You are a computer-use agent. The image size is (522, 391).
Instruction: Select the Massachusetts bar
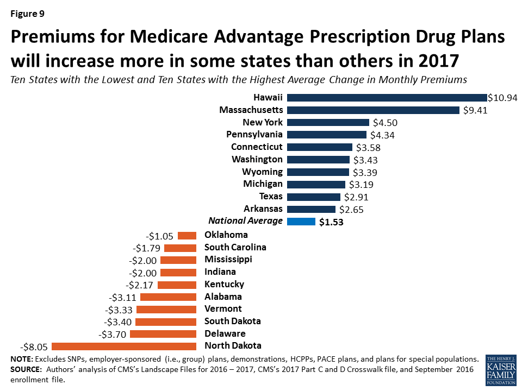pyautogui.click(x=373, y=110)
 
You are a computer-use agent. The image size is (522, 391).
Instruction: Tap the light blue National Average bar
pyautogui.click(x=301, y=222)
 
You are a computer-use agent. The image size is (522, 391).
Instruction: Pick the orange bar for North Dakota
pyautogui.click(x=123, y=346)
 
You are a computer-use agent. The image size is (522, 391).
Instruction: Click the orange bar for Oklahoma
pyautogui.click(x=187, y=235)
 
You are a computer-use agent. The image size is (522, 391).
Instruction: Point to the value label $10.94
pyautogui.click(x=502, y=98)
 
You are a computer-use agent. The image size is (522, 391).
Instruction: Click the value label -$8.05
pyautogui.click(x=34, y=346)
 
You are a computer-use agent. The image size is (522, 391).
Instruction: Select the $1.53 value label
pyautogui.click(x=332, y=222)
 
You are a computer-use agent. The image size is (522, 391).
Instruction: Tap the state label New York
pyautogui.click(x=263, y=122)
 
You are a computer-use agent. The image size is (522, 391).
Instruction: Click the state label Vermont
pyautogui.click(x=223, y=308)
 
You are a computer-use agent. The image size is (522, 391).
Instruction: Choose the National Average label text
pyautogui.click(x=246, y=220)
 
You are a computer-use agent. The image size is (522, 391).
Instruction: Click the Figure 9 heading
pyautogui.click(x=27, y=13)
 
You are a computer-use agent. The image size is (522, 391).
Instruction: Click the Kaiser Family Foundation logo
pyautogui.click(x=501, y=370)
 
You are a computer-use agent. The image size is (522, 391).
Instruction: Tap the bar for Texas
pyautogui.click(x=314, y=197)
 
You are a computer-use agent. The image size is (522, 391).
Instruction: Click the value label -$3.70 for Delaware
pyautogui.click(x=113, y=334)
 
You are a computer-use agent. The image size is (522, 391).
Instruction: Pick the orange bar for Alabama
pyautogui.click(x=168, y=297)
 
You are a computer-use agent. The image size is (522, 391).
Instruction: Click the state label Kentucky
pyautogui.click(x=224, y=284)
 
